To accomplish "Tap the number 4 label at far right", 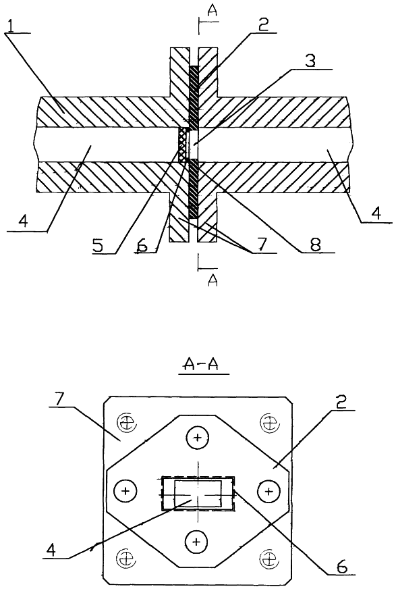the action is click(x=377, y=215).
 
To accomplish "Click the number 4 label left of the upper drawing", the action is click(x=23, y=221).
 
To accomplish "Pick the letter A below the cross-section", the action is click(x=213, y=280).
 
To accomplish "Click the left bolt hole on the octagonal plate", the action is click(x=125, y=491).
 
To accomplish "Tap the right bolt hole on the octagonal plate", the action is click(x=268, y=491).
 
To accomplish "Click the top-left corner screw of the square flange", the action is click(x=125, y=423).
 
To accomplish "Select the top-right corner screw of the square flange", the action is click(x=268, y=422).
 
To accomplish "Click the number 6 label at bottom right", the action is click(x=341, y=566).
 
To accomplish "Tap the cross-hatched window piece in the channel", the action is click(x=183, y=145).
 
